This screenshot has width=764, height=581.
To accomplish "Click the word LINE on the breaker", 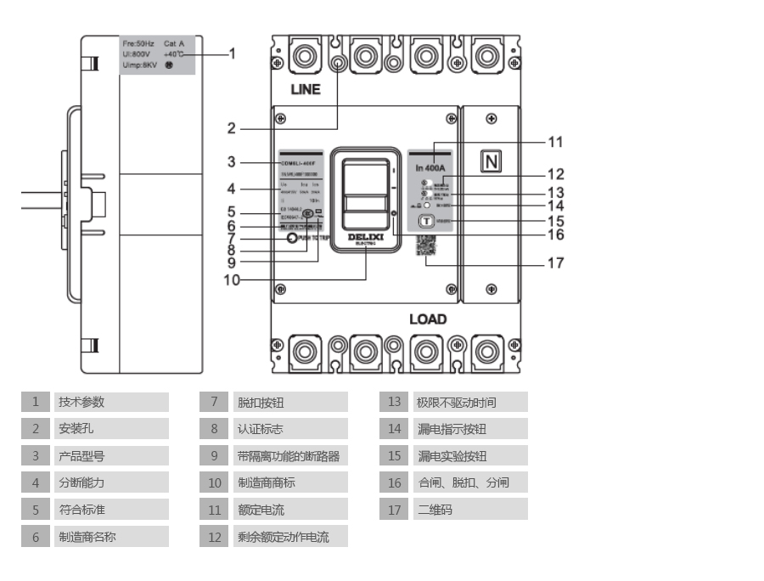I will pyautogui.click(x=306, y=89).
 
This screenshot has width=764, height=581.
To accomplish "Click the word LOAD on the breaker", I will pyautogui.click(x=428, y=319).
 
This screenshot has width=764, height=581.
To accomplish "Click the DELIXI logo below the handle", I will pyautogui.click(x=366, y=238).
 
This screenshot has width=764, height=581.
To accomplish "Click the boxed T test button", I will pyautogui.click(x=426, y=221).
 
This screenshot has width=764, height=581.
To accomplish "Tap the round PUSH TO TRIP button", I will pyautogui.click(x=293, y=239).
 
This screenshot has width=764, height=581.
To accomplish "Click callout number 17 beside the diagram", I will pyautogui.click(x=555, y=263).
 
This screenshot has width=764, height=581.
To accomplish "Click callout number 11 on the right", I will pyautogui.click(x=555, y=142).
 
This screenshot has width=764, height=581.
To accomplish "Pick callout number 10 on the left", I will pyautogui.click(x=232, y=279).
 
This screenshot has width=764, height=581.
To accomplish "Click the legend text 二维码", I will pyautogui.click(x=435, y=510).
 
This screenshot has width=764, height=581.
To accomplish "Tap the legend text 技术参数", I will pyautogui.click(x=81, y=403).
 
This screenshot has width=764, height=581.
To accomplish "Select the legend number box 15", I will pyautogui.click(x=394, y=456).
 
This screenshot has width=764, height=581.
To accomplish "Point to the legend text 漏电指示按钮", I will pyautogui.click(x=452, y=430).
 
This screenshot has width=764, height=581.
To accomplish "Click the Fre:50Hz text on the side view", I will pyautogui.click(x=138, y=43).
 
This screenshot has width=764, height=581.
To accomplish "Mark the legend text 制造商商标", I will pyautogui.click(x=267, y=483).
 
